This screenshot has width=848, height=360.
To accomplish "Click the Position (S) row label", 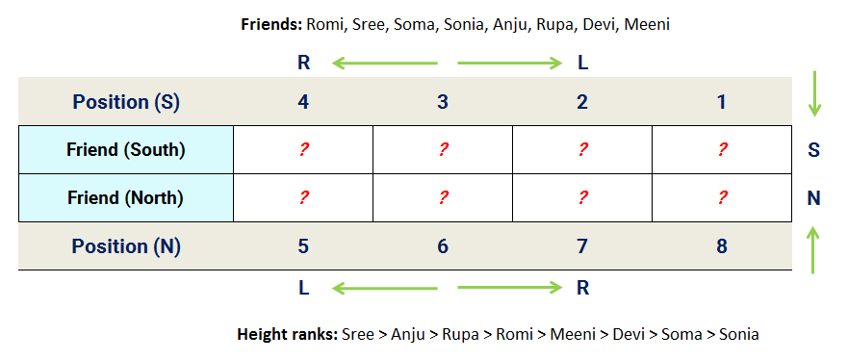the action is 126,102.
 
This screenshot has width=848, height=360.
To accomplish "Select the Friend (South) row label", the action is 126,150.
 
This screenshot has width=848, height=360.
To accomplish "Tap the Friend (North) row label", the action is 126,198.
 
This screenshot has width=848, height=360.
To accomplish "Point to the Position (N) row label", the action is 126,246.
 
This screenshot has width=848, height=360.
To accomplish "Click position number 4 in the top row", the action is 303,102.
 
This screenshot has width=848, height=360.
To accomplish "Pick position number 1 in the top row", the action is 722,102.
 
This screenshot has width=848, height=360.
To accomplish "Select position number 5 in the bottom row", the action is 303,246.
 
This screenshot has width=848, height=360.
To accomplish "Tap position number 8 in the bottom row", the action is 722,246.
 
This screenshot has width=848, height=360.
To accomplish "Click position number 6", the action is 443,246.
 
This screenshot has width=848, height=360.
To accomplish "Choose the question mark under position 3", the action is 443,150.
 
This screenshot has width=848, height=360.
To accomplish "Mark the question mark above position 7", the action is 582,198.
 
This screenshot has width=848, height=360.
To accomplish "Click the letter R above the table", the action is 304,64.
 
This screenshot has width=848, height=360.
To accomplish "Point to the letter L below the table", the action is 304,286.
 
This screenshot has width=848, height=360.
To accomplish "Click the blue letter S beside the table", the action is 813,150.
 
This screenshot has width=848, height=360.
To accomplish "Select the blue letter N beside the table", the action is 813,198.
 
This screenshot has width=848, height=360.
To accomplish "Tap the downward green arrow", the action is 814,94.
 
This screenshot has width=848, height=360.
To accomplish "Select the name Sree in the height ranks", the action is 357,335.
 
